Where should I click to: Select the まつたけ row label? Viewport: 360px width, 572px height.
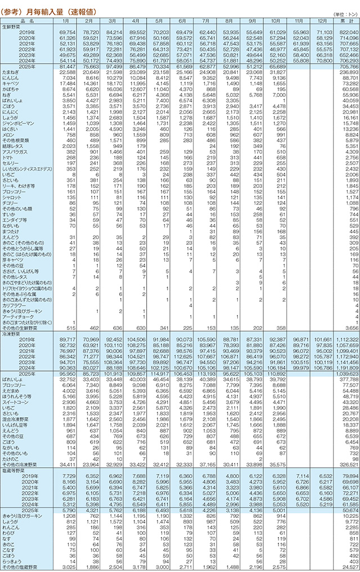click(x=11, y=231)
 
